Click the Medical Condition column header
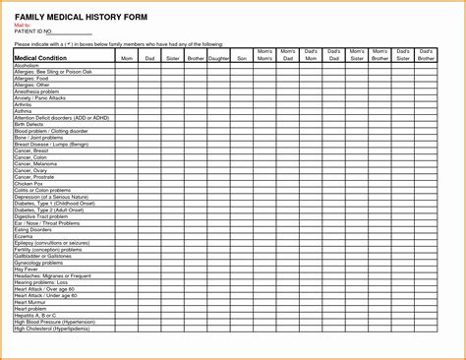click(40, 58)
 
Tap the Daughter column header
click(217, 59)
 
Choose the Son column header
click(241, 59)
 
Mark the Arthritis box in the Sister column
click(171, 103)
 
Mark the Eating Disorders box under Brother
click(195, 230)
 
